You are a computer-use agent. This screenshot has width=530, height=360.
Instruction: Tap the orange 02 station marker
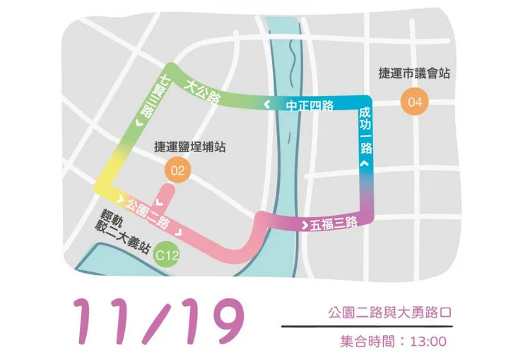click(177, 170)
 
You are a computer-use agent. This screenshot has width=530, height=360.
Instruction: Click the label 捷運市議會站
click(415, 73)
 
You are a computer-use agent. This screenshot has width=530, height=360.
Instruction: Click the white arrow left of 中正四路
click(266, 105)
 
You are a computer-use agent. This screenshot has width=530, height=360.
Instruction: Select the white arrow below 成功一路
click(365, 163)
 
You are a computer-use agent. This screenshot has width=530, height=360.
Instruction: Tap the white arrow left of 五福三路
click(305, 226)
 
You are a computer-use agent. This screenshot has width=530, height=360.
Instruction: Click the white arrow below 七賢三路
click(139, 124)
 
